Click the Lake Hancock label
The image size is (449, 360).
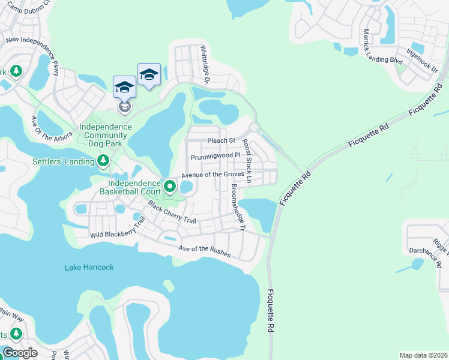point(89,267)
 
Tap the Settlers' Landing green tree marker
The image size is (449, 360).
point(103,161)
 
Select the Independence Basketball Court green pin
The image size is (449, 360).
point(170,187)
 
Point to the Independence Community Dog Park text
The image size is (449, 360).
point(106,136)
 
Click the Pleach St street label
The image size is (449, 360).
point(221,141)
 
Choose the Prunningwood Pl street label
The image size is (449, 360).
point(215,157)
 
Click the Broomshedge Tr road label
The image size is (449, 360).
point(238,208)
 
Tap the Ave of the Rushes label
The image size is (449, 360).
point(205,251)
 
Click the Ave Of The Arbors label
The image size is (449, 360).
point(54,127)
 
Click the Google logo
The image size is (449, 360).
point(20,353)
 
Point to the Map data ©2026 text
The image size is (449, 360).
point(423,355)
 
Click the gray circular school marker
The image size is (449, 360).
point(124,107)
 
